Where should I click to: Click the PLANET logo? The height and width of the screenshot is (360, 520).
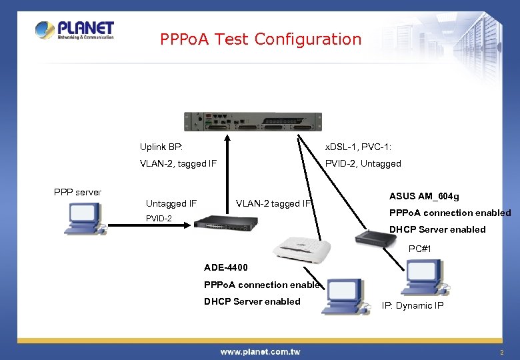pyautogui.click(x=75, y=30)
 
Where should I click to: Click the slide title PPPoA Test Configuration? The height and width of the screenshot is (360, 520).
pyautogui.click(x=261, y=39)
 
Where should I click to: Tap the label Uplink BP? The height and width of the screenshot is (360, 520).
pyautogui.click(x=161, y=147)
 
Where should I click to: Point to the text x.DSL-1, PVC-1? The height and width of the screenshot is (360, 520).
pyautogui.click(x=358, y=147)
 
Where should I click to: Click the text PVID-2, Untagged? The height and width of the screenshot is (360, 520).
pyautogui.click(x=363, y=163)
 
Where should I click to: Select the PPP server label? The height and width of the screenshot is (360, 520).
pyautogui.click(x=77, y=192)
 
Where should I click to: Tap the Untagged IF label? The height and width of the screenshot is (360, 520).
pyautogui.click(x=171, y=203)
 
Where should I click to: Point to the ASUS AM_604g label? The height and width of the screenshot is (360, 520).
pyautogui.click(x=424, y=196)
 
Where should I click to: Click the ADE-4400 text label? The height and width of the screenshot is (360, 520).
pyautogui.click(x=226, y=267)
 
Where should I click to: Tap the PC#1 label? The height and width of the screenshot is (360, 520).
pyautogui.click(x=420, y=249)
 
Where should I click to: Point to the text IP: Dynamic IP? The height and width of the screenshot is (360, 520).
pyautogui.click(x=412, y=305)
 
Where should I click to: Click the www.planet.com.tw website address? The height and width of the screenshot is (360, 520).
pyautogui.click(x=260, y=351)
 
